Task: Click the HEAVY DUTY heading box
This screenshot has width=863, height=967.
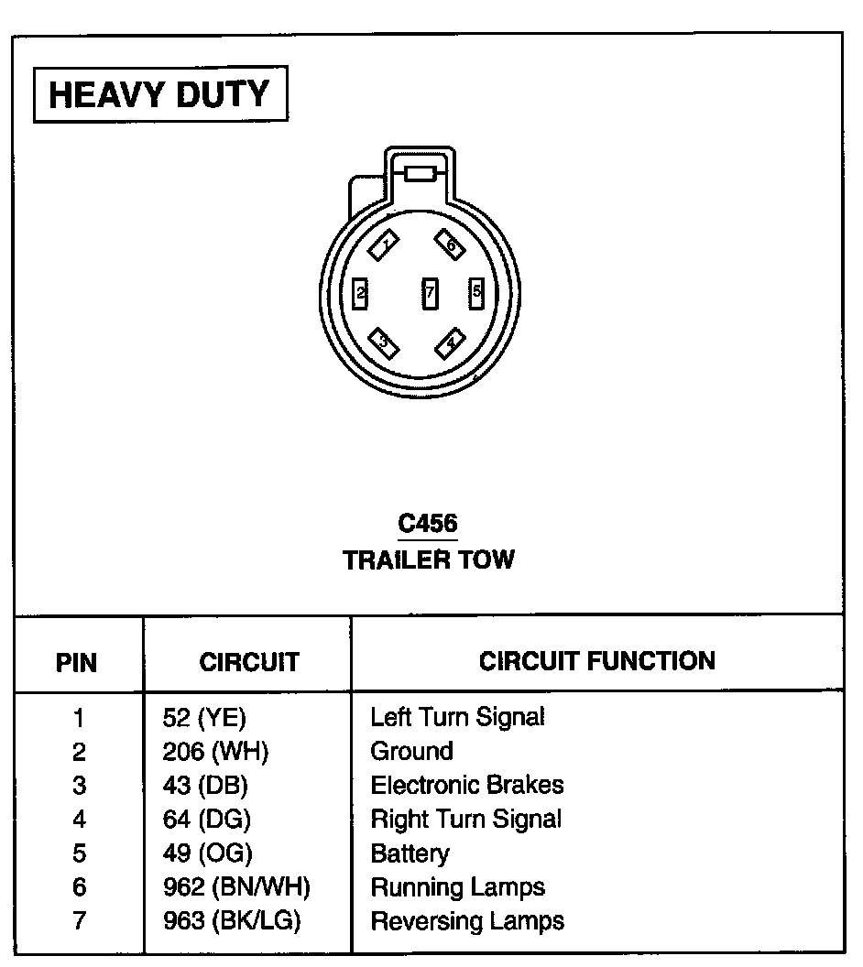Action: (159, 94)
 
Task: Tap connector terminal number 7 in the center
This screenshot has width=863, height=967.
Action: (430, 293)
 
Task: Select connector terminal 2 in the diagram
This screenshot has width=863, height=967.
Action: (361, 293)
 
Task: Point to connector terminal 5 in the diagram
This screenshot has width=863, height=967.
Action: (476, 293)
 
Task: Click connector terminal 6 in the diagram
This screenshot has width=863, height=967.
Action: (451, 244)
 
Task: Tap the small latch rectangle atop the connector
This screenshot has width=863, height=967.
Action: (421, 174)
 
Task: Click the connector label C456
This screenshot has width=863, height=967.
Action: (428, 524)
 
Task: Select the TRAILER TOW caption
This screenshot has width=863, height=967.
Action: (429, 560)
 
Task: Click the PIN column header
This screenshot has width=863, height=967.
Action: (77, 662)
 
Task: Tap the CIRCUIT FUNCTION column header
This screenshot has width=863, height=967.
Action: (596, 660)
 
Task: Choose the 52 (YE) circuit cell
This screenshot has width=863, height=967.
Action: (204, 717)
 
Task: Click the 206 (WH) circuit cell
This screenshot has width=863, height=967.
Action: (215, 752)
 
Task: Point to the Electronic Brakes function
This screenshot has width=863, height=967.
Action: (467, 785)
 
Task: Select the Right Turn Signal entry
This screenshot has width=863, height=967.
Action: (465, 819)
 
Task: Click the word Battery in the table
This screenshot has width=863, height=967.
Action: (410, 853)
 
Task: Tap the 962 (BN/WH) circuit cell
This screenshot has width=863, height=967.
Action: (236, 887)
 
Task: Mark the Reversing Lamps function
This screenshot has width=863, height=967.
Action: (467, 920)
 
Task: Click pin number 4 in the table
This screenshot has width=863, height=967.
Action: (79, 820)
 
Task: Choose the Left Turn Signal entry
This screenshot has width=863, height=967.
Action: (457, 717)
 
